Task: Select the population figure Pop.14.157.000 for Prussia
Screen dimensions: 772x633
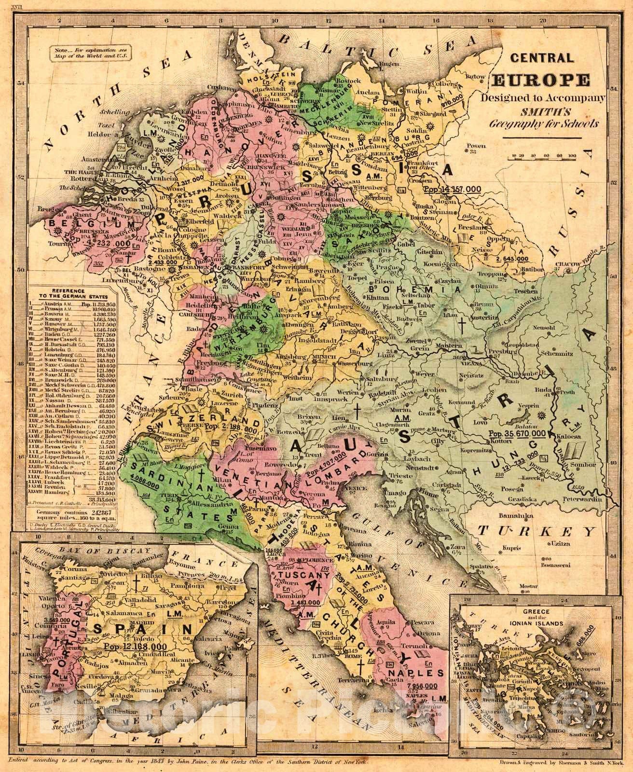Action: [452, 188]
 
